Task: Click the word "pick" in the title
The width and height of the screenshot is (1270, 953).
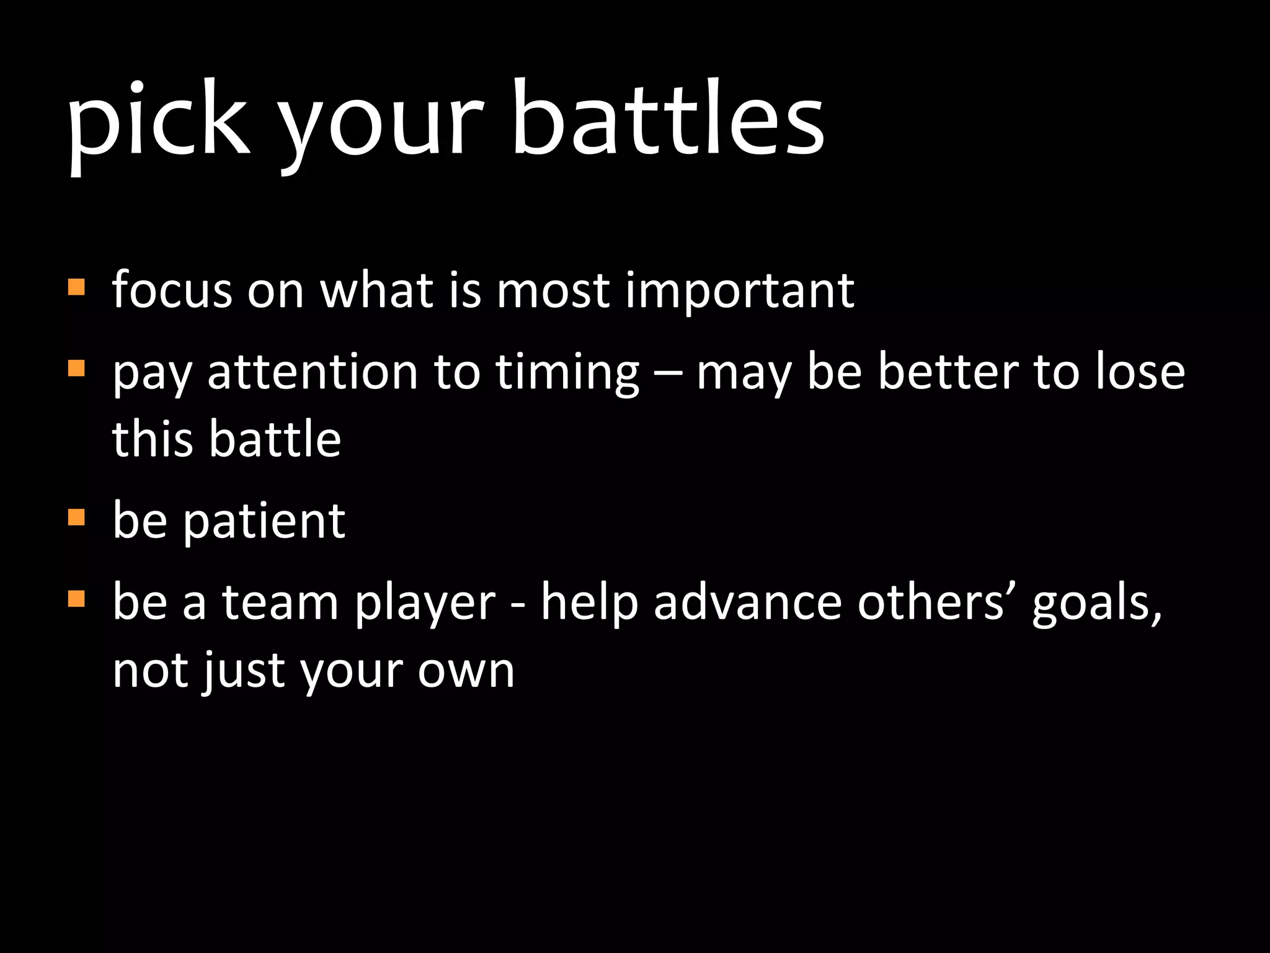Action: click(x=159, y=121)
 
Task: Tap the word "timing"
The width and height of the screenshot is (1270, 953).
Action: click(x=567, y=374)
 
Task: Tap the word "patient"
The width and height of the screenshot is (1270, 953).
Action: click(x=264, y=522)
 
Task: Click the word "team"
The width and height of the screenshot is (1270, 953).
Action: click(x=280, y=602)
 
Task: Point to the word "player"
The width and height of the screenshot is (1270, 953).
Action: click(x=425, y=605)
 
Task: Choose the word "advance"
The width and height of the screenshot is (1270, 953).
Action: click(x=747, y=602)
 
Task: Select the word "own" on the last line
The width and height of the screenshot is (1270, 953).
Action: click(x=466, y=671)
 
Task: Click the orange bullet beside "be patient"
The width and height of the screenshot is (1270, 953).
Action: click(x=76, y=517)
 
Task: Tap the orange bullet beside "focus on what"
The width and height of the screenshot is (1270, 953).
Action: click(x=76, y=287)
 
